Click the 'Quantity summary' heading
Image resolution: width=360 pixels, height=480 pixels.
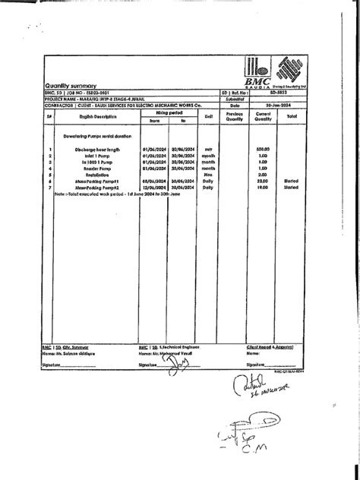69,86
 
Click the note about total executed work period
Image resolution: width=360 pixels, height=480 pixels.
122,194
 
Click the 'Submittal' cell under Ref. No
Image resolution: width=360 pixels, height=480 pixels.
234,99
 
